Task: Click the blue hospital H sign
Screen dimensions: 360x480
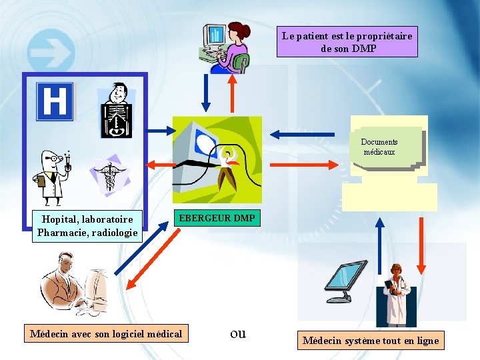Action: point(55,101)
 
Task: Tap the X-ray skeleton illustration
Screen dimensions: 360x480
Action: point(116,110)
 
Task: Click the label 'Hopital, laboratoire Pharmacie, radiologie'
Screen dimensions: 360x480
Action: point(87,226)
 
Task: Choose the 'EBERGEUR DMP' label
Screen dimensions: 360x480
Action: point(217,218)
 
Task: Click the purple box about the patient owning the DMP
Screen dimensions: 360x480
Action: point(347,42)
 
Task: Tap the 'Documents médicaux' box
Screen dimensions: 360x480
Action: point(380,147)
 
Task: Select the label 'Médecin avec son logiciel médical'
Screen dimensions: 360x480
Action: point(106,333)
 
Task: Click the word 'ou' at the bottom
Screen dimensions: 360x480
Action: point(238,333)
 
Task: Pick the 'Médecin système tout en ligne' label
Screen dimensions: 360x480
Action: point(371,341)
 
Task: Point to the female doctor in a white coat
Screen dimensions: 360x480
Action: point(397,293)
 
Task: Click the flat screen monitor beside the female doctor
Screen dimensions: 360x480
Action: point(345,280)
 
